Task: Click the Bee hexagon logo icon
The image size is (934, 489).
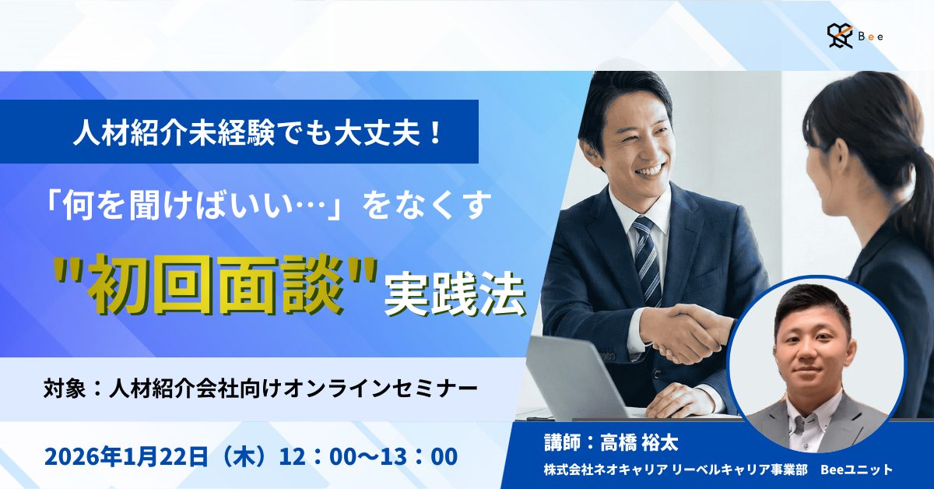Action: (841, 35)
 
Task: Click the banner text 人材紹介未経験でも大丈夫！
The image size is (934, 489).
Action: (258, 132)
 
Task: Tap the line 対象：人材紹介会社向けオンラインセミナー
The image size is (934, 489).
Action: (260, 387)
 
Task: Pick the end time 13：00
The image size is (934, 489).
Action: (422, 456)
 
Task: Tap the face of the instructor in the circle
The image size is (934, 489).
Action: (814, 347)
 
